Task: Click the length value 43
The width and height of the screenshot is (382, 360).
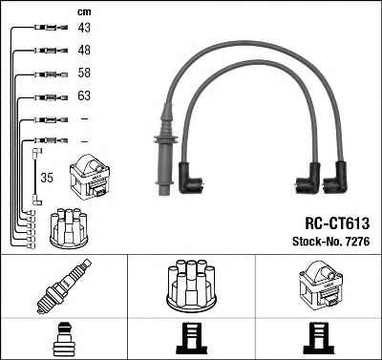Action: (x=84, y=28)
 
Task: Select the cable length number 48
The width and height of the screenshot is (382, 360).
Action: (x=84, y=50)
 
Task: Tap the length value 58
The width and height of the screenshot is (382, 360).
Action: (x=84, y=73)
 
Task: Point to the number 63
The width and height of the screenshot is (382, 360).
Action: (x=84, y=95)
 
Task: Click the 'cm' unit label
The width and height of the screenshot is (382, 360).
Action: (x=84, y=12)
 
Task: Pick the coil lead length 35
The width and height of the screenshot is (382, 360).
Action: (x=47, y=178)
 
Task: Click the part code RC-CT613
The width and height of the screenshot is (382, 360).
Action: (x=337, y=223)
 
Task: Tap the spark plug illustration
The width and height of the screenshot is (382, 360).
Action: (x=64, y=286)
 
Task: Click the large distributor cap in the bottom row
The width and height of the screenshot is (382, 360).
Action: (x=191, y=286)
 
